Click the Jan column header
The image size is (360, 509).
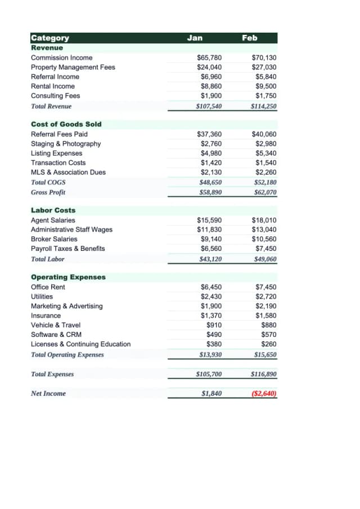click(195, 38)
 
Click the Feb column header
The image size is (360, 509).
click(249, 38)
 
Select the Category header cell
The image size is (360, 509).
click(50, 38)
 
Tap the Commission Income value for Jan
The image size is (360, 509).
click(209, 58)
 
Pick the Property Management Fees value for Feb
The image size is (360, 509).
click(264, 67)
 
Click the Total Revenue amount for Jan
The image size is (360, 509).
click(209, 106)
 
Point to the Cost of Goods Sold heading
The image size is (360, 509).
click(66, 124)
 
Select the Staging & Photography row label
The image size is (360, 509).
click(66, 144)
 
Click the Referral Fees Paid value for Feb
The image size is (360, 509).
click(264, 134)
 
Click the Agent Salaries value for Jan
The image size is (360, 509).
click(209, 220)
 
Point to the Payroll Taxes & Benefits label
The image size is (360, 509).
click(67, 249)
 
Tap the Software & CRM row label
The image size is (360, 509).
click(56, 335)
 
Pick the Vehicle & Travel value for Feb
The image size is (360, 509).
click(269, 325)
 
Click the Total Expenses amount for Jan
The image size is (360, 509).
click(209, 374)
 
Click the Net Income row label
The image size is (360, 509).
click(48, 394)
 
